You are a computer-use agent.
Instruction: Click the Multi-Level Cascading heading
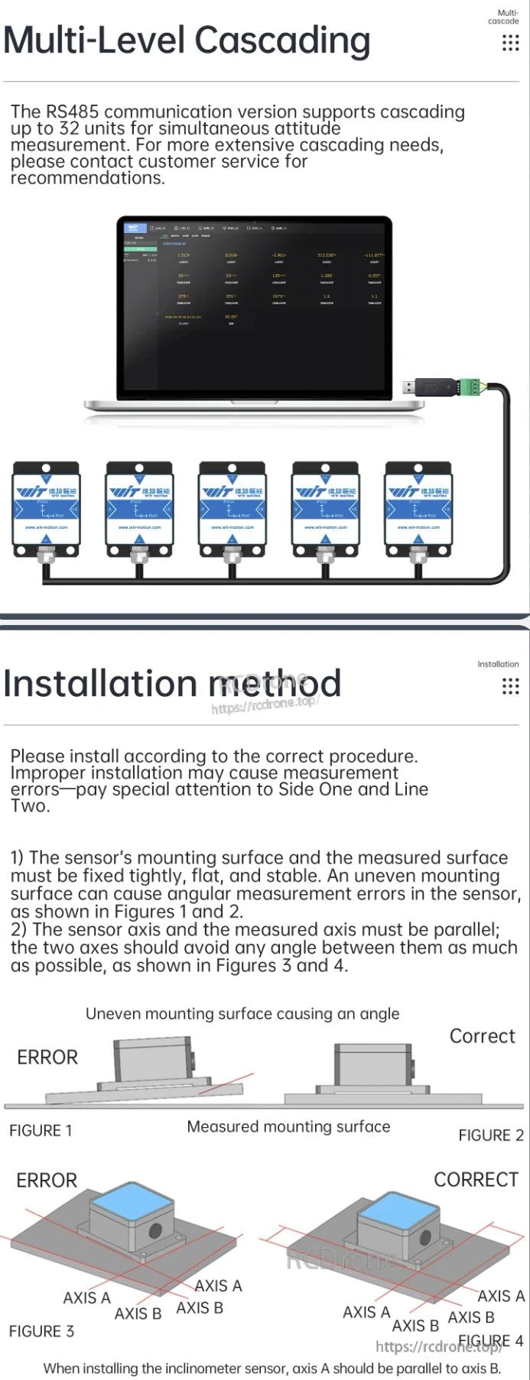tap(187, 41)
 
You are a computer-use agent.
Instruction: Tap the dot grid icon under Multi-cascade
tap(510, 43)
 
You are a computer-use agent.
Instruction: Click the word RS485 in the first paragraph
tap(72, 112)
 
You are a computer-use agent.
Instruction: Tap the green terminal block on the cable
tap(469, 387)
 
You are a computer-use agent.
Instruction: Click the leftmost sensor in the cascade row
tap(46, 507)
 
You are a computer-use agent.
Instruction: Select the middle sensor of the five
tap(232, 507)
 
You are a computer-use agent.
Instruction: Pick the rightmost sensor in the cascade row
tap(418, 507)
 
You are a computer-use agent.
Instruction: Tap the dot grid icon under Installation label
tap(510, 686)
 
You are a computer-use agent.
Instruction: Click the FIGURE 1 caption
tap(41, 1130)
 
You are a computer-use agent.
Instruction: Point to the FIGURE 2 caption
tap(490, 1135)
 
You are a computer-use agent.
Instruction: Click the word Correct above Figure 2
tap(482, 1036)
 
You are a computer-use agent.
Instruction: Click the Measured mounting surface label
tap(288, 1126)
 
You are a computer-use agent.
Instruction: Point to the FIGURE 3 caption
tap(41, 1331)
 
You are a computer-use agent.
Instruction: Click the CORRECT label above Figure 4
tap(476, 1180)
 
